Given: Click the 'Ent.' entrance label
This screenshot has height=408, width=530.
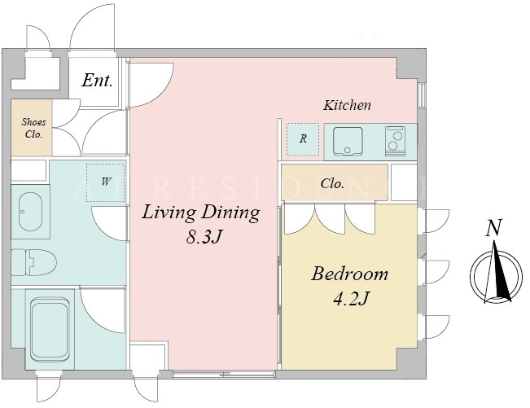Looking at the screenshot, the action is click(x=97, y=81).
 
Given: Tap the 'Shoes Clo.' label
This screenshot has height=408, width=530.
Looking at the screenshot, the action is click(x=33, y=128).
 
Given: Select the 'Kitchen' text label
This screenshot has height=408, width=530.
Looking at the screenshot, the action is click(x=347, y=105).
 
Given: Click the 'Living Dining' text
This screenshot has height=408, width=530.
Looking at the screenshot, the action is click(x=201, y=213).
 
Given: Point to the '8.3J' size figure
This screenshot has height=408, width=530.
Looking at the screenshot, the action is click(x=204, y=238).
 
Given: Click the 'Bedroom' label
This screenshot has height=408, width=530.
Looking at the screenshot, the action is click(x=349, y=274).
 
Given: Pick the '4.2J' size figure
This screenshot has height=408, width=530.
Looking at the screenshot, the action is click(x=351, y=298).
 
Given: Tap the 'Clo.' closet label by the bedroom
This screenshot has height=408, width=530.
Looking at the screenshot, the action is click(x=332, y=183).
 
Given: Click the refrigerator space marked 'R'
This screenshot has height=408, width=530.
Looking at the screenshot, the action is click(x=303, y=139).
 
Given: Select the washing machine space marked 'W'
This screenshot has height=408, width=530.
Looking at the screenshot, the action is click(x=106, y=182).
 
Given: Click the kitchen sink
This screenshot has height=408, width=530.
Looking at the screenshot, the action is click(x=348, y=142).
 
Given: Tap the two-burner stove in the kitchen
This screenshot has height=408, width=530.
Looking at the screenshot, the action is click(x=395, y=141).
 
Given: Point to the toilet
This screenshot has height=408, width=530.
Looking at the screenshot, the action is click(x=34, y=262).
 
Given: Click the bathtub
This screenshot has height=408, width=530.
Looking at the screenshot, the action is click(x=50, y=329).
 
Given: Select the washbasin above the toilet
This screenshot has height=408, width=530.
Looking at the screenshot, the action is click(x=30, y=212).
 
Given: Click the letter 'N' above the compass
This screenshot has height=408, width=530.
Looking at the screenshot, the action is click(x=494, y=227).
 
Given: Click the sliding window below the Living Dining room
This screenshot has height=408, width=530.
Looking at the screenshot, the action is click(x=224, y=374).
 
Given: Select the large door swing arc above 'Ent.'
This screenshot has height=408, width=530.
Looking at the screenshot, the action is click(x=91, y=26).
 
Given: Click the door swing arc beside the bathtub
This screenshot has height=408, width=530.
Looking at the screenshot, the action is click(x=102, y=310).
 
